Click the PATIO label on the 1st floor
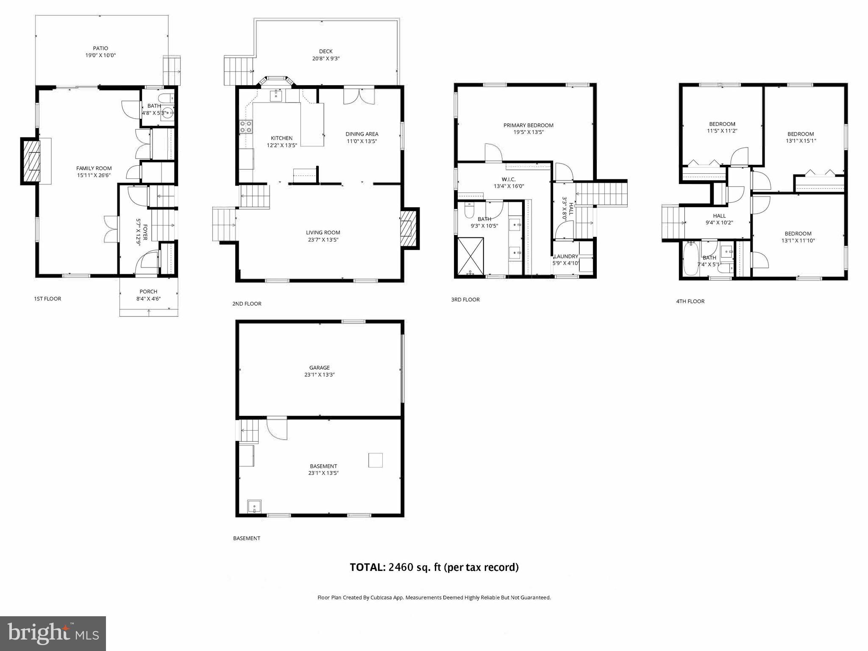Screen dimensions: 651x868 (100, 48)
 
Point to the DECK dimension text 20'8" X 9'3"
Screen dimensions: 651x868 (325, 58)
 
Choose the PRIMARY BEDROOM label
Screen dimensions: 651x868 (528, 125)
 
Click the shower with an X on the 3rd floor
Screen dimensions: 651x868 (470, 256)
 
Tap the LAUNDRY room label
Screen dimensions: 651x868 (566, 256)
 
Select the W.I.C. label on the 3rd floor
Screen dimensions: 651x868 (509, 179)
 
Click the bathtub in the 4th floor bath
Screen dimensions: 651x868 (690, 259)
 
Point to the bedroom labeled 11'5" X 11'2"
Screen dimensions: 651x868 (722, 128)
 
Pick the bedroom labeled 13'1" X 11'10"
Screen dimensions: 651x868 (798, 237)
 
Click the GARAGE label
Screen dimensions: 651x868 (319, 368)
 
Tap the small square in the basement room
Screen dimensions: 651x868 (375, 460)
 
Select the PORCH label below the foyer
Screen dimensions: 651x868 (148, 292)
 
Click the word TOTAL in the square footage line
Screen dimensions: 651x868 (367, 567)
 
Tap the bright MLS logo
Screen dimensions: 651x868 (53, 634)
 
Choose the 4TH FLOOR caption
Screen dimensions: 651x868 (690, 301)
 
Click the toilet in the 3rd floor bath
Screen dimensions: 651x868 (469, 210)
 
